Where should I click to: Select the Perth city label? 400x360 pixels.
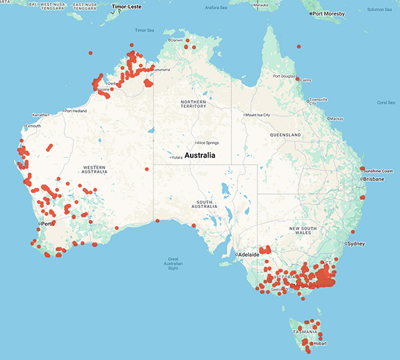(x=47, y=223)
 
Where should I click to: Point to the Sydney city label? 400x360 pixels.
(x=355, y=244)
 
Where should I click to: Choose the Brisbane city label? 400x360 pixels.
(x=373, y=179)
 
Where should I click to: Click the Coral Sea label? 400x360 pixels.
(x=386, y=102)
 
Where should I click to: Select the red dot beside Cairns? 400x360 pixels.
(x=298, y=79)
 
